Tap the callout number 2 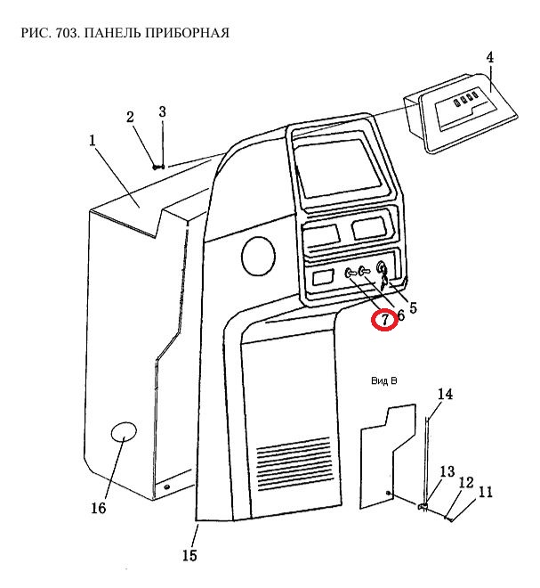130,118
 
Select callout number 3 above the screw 162,111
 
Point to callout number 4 489,58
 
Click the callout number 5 413,307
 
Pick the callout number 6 400,314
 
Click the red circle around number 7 385,319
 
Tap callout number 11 486,492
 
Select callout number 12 466,482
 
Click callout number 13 447,471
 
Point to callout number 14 445,394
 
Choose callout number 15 189,556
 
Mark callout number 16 98,508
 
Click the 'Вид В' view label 383,380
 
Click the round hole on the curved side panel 258,256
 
